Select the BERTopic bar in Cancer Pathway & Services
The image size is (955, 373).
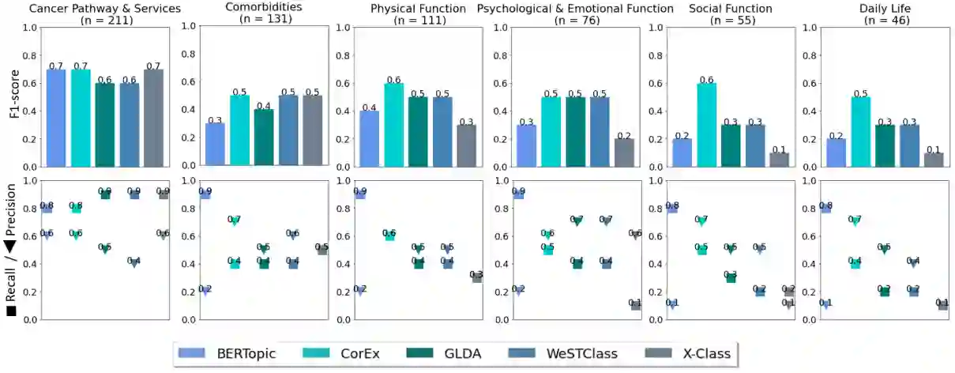click(x=56, y=118)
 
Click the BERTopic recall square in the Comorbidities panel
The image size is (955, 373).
click(x=205, y=194)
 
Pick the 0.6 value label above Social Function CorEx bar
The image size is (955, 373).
click(x=700, y=80)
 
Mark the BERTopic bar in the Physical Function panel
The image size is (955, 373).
click(x=369, y=138)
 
